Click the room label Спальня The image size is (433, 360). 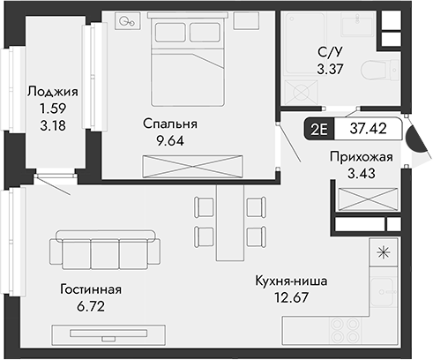tap(170, 124)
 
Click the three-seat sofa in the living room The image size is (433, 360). tap(105, 250)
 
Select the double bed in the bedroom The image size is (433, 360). tap(189, 60)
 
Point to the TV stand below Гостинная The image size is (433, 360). tap(105, 334)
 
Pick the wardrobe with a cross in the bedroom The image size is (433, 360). tap(192, 165)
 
